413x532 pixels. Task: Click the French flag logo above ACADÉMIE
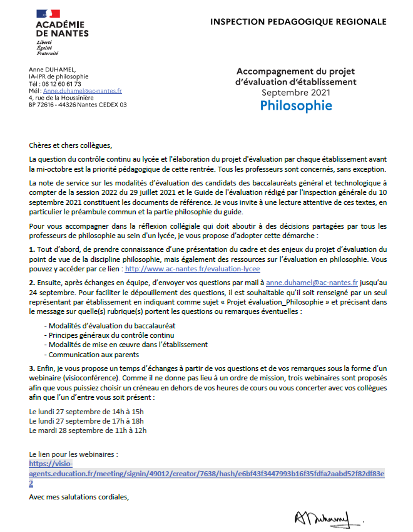tap(49, 14)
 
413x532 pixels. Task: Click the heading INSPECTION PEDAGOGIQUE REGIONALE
tap(298, 22)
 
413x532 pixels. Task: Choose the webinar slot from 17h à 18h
tap(87, 421)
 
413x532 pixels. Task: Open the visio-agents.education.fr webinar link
tap(206, 474)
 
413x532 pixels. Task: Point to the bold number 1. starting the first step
tap(32, 232)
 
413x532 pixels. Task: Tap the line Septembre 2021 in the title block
tap(296, 92)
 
